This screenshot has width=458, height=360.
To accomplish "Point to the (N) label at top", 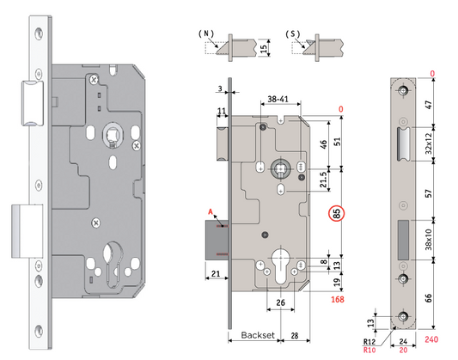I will [x=206, y=32].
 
